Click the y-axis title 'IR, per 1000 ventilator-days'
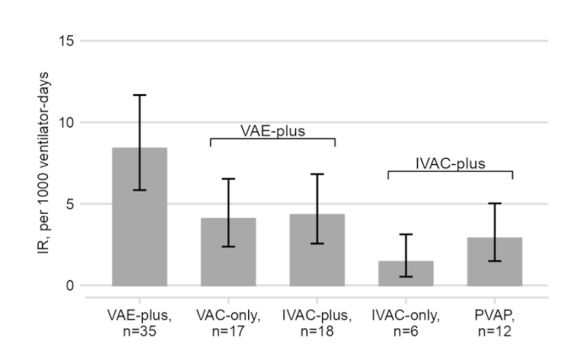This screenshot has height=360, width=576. (34, 163)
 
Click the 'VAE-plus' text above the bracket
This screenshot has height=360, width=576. (272, 130)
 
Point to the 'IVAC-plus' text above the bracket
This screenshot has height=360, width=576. (450, 163)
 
